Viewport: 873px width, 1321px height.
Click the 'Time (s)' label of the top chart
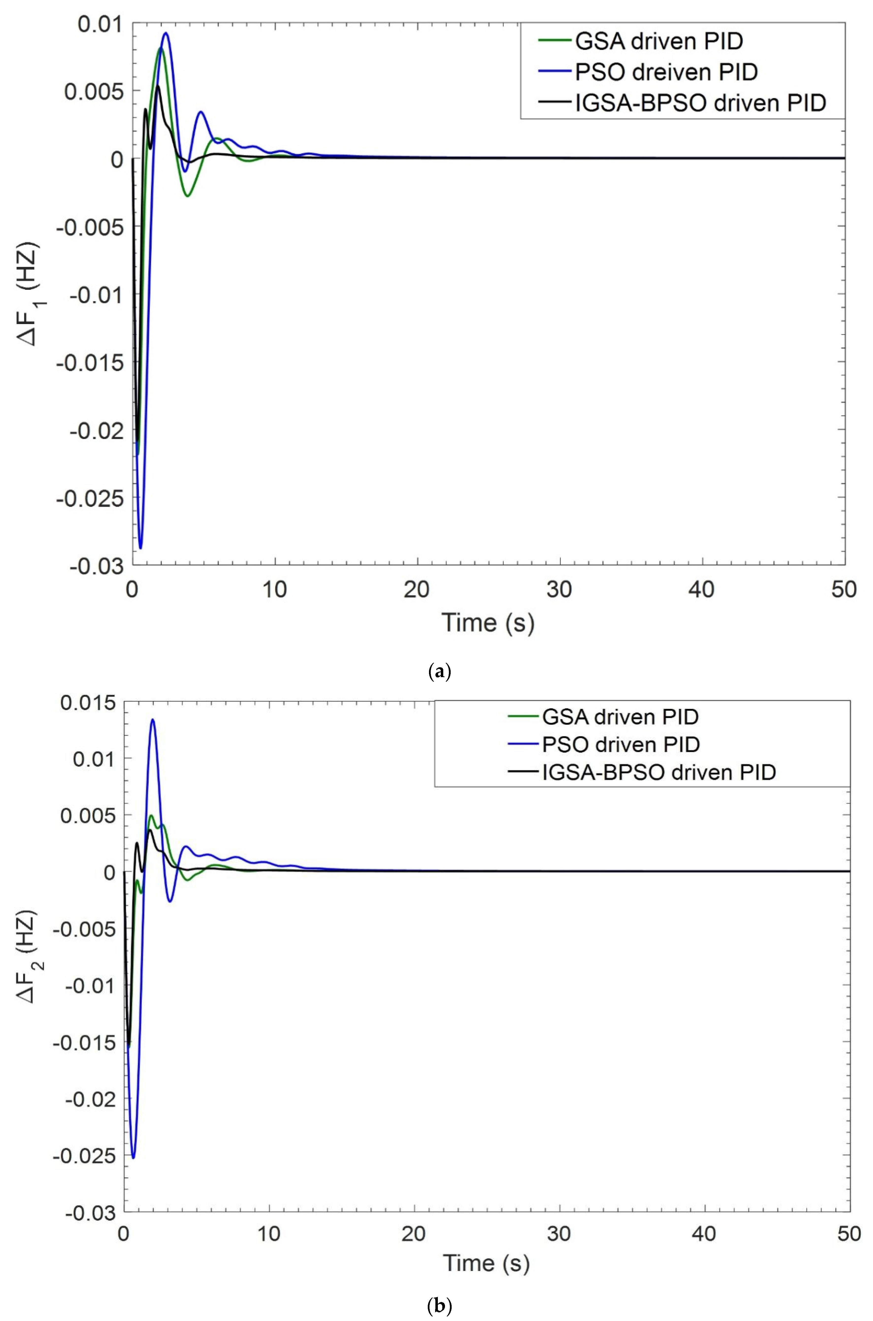pos(488,622)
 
